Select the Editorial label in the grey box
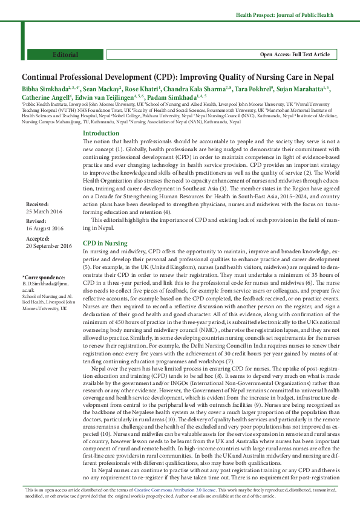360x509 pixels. coord(65,54)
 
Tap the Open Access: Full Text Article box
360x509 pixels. coord(295,54)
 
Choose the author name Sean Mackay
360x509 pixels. coord(101,89)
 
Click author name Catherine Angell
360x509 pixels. coord(45,97)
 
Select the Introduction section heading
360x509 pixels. coord(100,133)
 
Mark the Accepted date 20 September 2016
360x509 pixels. coord(48,246)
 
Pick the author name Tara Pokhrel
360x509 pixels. coord(255,89)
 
